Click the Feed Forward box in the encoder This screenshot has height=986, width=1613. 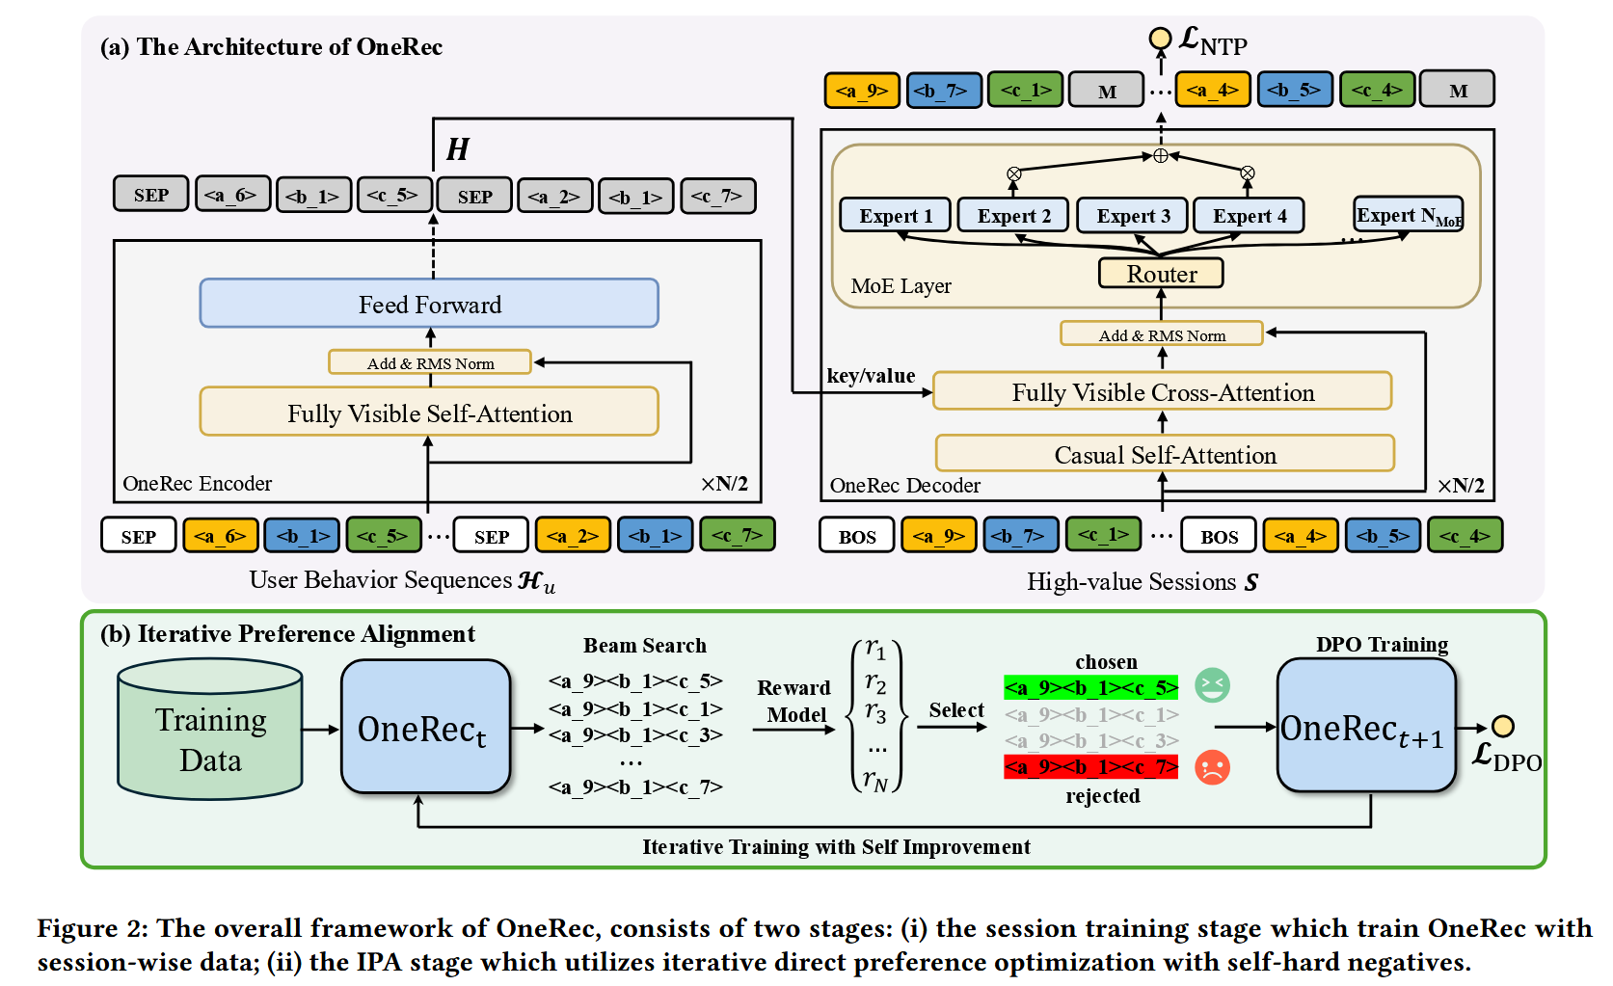[429, 305]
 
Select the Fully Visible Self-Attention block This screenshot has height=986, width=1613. [429, 413]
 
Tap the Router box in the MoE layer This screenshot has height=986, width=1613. [1161, 274]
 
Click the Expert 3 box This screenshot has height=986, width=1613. [1133, 216]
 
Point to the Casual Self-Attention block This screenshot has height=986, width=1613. [1165, 454]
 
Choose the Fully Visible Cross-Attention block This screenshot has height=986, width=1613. [1162, 392]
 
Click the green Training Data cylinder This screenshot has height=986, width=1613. [210, 738]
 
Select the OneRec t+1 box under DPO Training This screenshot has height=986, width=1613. [1365, 728]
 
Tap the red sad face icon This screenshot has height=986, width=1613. [1212, 767]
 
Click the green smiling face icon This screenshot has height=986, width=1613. [1212, 685]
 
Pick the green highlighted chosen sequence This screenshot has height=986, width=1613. [1090, 687]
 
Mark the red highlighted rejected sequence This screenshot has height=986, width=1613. [1090, 767]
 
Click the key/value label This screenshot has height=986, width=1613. [871, 376]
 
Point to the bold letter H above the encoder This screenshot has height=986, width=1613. [457, 149]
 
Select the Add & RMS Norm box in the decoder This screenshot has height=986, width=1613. [1161, 334]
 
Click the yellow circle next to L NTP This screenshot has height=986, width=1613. [1160, 39]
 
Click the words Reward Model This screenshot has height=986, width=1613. [793, 701]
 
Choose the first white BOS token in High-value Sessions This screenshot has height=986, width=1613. [856, 536]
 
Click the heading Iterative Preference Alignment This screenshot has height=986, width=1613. [287, 633]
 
